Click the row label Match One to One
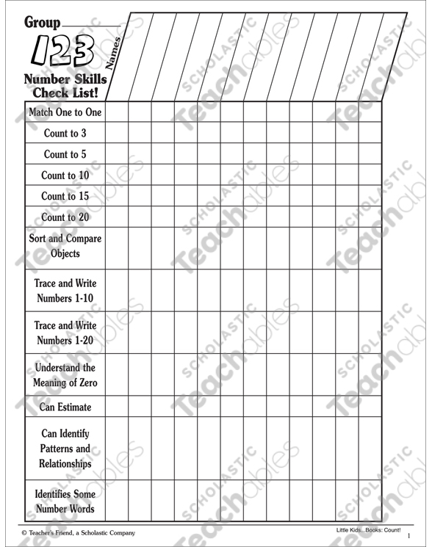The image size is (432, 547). (65, 112)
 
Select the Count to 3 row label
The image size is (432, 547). (65, 134)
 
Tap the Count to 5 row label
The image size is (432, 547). (65, 154)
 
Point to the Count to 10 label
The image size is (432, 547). (65, 175)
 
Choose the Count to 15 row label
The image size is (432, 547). (65, 196)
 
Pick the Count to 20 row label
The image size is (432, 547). (65, 217)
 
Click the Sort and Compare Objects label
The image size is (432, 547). (65, 246)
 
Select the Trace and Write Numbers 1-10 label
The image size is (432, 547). (65, 291)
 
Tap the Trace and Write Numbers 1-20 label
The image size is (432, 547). (65, 333)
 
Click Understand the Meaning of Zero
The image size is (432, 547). (65, 374)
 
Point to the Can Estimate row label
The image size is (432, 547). (65, 406)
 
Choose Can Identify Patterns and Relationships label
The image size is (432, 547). (65, 448)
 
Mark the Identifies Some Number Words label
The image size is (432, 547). (65, 501)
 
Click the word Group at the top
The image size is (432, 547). (42, 23)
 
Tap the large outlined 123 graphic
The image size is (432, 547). (62, 51)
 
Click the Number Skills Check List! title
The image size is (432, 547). (65, 86)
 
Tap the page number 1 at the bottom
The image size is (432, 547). (408, 537)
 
